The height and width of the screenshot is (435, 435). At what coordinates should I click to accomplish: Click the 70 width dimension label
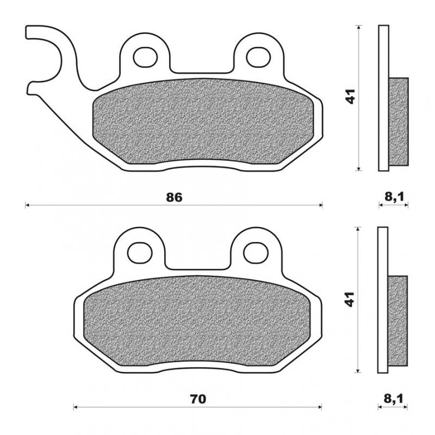(198, 399)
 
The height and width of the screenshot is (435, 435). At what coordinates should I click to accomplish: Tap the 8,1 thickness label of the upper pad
(393, 197)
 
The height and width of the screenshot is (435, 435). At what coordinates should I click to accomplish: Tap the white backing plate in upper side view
(383, 54)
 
